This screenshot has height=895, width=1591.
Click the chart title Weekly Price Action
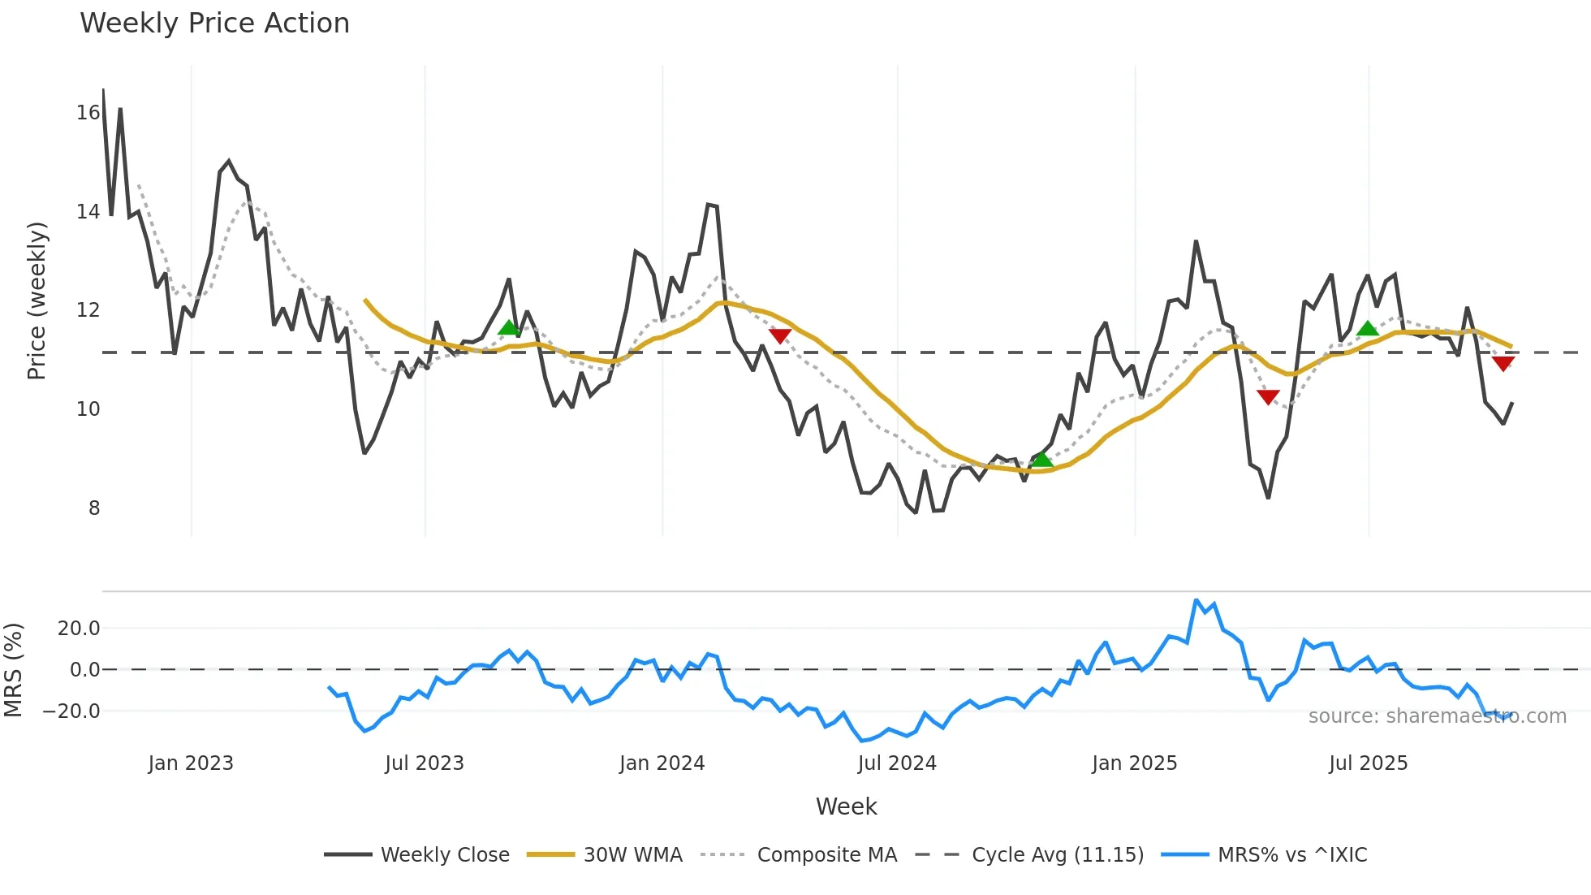214,23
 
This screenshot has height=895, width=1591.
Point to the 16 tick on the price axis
88,113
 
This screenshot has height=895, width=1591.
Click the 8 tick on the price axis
94,508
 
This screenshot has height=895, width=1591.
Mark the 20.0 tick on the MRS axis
79,628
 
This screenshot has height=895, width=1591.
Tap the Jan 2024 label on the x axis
662,763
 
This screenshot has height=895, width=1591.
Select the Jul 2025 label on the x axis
1368,763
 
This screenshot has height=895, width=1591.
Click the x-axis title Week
846,806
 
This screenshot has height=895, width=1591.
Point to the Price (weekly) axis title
37,300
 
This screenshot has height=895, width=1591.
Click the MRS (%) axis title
13,670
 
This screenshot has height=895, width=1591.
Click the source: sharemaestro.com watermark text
1437,716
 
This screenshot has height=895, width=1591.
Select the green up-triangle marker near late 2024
1041,460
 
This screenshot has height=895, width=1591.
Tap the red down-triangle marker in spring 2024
779,335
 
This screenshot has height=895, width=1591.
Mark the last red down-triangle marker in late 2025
1503,363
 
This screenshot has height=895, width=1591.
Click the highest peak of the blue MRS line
1196,600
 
